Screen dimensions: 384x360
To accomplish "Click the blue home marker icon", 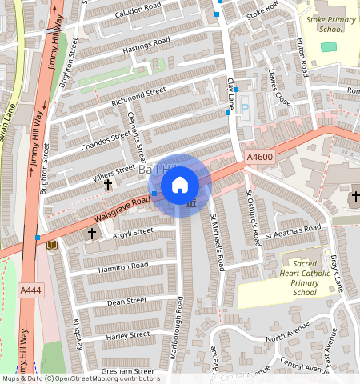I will [x=180, y=185].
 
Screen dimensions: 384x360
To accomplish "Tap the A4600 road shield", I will [x=260, y=158].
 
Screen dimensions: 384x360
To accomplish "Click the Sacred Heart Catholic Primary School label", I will [x=303, y=277].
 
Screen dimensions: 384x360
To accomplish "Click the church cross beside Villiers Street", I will [x=108, y=185].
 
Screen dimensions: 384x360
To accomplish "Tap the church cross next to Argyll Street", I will [x=92, y=234].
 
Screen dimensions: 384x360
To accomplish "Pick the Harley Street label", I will [x=127, y=334].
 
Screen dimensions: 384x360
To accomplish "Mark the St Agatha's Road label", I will [x=296, y=230].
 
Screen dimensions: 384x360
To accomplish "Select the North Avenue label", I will [x=287, y=331].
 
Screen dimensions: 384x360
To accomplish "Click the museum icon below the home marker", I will [x=190, y=205].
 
